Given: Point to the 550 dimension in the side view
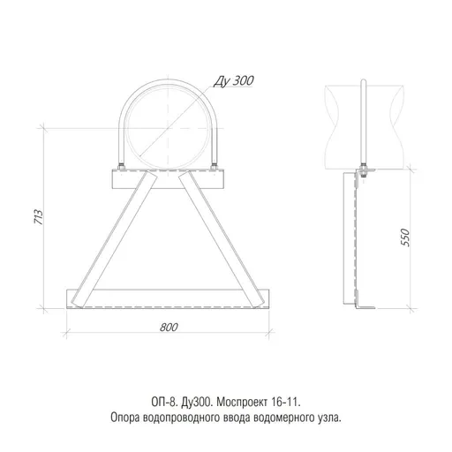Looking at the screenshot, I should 404,238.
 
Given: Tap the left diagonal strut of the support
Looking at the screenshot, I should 112,238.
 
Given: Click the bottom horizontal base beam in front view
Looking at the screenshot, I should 168,297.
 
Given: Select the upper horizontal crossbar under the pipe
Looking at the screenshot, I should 168,182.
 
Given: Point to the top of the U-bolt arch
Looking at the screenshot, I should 168,81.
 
